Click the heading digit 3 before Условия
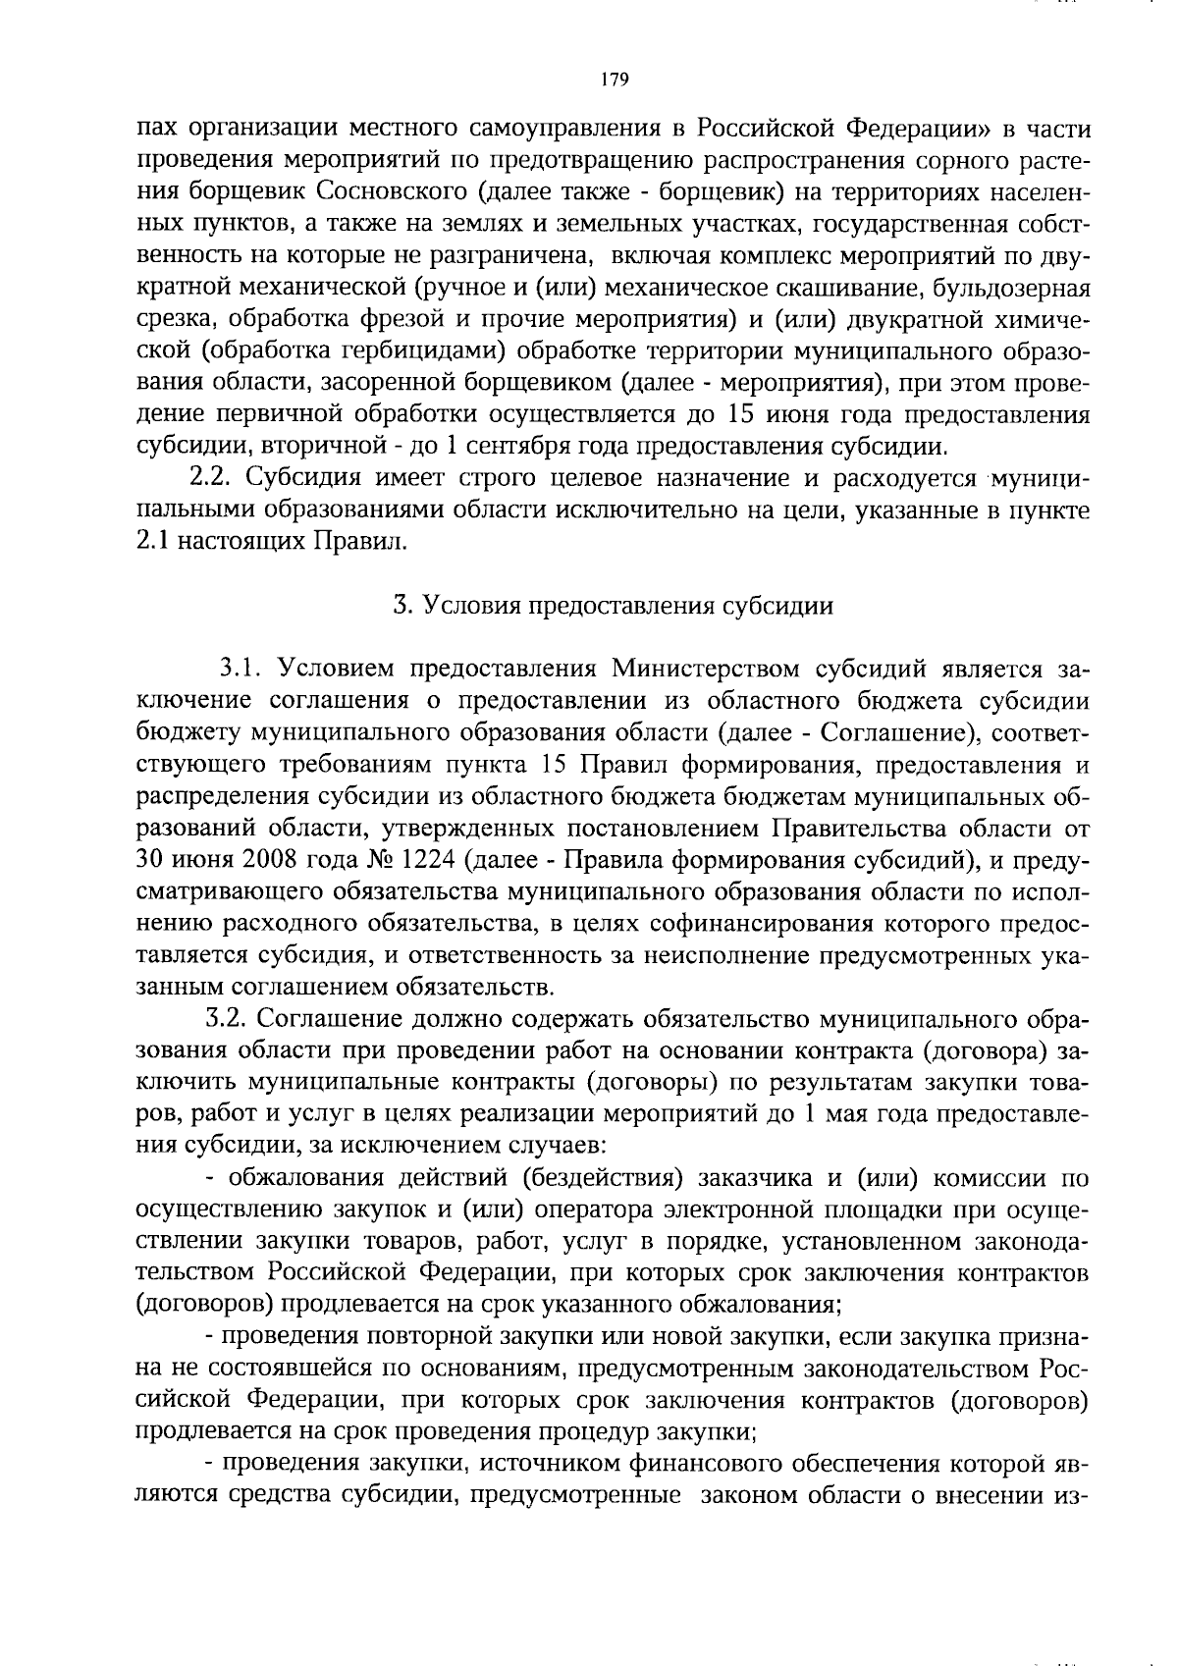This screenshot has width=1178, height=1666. click(x=401, y=605)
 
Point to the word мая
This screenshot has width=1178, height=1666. click(x=859, y=1113)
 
